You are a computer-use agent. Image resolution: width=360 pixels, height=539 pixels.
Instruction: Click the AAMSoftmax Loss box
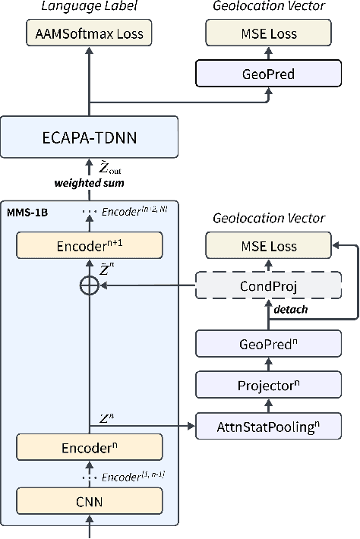[90, 33]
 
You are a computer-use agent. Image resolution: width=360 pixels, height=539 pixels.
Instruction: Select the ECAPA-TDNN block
[90, 140]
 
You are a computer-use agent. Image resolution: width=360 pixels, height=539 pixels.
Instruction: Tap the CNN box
[90, 501]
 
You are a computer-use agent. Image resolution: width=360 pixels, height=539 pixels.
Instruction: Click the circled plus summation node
[90, 286]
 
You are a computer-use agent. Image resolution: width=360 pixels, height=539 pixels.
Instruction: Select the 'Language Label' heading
[90, 6]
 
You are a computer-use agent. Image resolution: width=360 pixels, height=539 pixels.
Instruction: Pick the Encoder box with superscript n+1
[90, 245]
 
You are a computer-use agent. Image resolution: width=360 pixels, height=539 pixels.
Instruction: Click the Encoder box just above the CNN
[90, 447]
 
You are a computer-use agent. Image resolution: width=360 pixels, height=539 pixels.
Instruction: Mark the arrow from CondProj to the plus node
[148, 286]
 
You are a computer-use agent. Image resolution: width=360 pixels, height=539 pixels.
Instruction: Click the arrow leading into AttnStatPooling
[144, 427]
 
